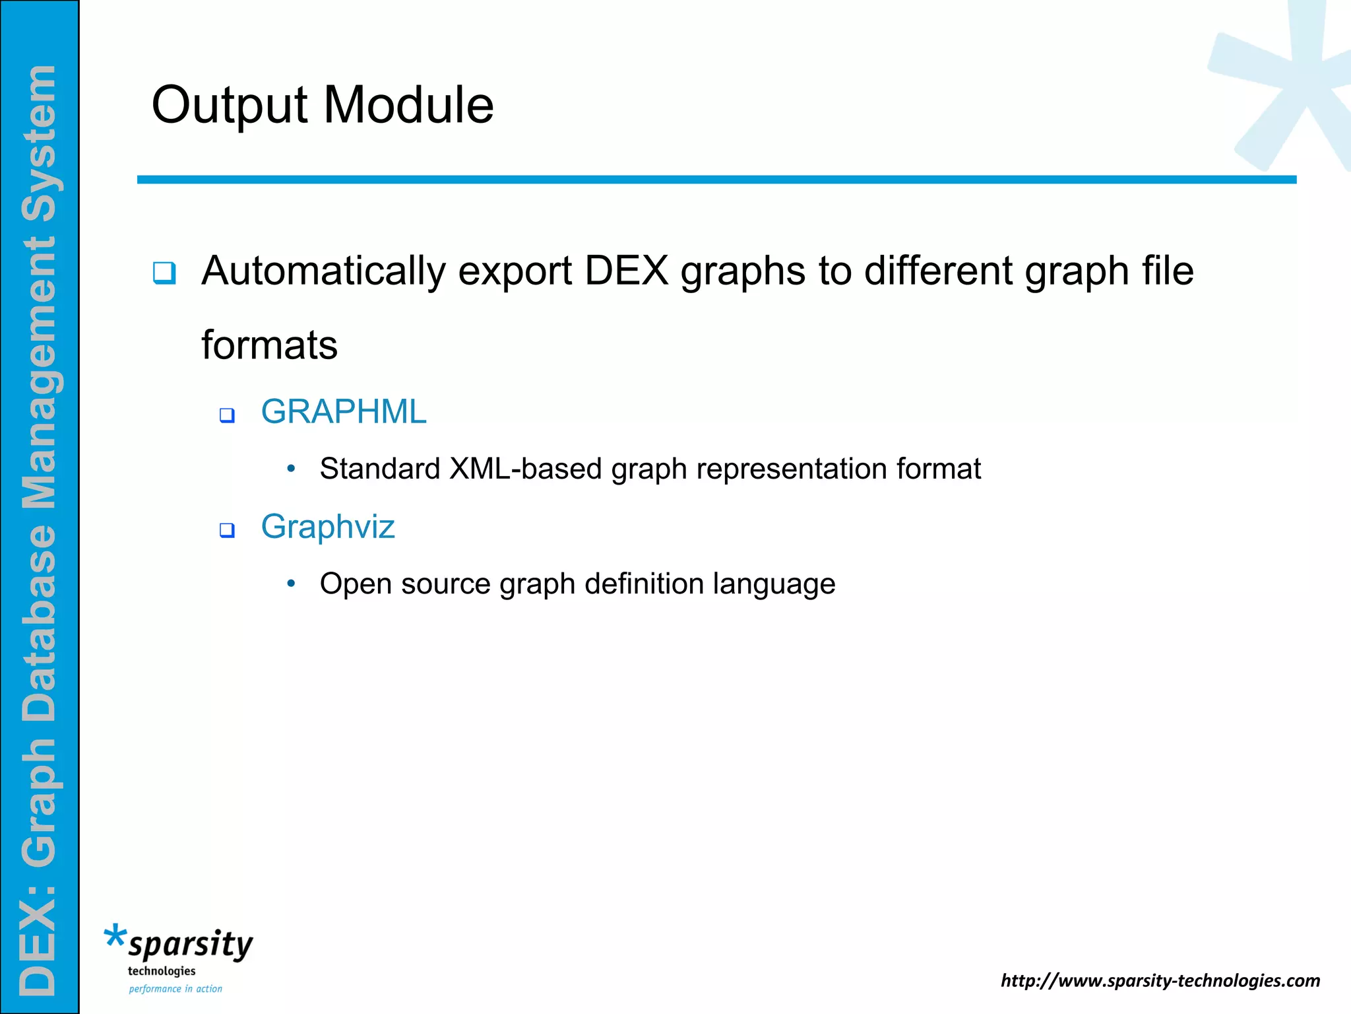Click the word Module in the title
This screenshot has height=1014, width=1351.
pyautogui.click(x=408, y=106)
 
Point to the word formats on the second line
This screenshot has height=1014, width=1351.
pyautogui.click(x=269, y=345)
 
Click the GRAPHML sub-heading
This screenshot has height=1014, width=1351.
pyautogui.click(x=344, y=412)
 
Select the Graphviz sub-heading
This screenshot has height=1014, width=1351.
pyautogui.click(x=328, y=527)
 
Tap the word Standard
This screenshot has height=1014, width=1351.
pyautogui.click(x=379, y=469)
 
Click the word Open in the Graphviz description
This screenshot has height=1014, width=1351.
pyautogui.click(x=356, y=584)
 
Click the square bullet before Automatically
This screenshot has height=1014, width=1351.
pyautogui.click(x=164, y=273)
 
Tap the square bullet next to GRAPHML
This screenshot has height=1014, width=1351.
pyautogui.click(x=227, y=415)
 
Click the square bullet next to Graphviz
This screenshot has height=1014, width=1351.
pyautogui.click(x=227, y=530)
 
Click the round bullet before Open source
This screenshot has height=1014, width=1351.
pyautogui.click(x=291, y=584)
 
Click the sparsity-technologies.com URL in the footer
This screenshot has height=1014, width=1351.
pyautogui.click(x=1160, y=980)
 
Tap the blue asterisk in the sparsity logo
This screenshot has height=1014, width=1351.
pyautogui.click(x=115, y=936)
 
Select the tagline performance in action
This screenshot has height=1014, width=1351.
pyautogui.click(x=175, y=989)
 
